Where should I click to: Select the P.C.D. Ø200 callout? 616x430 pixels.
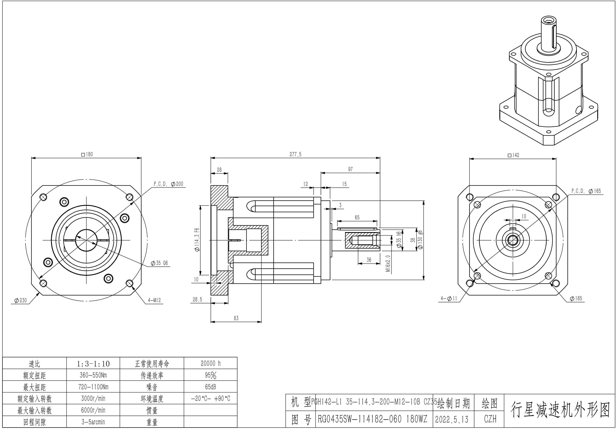coord(168,184)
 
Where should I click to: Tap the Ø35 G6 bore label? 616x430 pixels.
coord(159,263)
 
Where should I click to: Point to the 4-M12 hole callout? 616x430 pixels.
coord(154,300)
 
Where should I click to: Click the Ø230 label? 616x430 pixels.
coord(20,301)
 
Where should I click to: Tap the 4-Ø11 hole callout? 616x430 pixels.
coord(449,298)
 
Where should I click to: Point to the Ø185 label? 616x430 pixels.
coord(576,298)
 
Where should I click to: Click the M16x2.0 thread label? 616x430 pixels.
coord(388,263)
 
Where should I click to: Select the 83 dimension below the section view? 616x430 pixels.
coord(236,318)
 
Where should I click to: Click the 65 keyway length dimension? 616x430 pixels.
coord(357,217)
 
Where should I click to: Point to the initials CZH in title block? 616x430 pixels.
coord(490,419)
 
